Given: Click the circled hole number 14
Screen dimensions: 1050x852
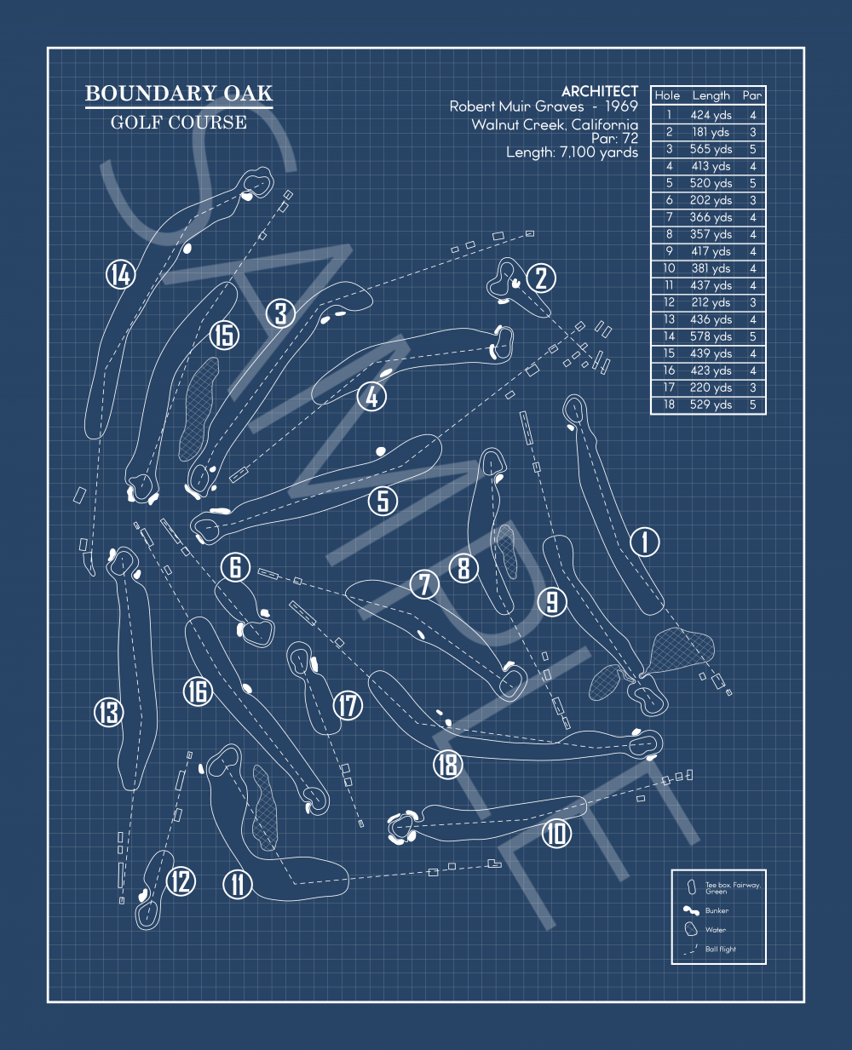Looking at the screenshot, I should [x=121, y=275].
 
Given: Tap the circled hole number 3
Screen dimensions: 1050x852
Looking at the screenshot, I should [x=280, y=313].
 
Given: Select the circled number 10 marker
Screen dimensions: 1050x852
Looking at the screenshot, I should [x=556, y=832].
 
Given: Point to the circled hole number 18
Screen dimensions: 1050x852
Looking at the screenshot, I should [x=447, y=764].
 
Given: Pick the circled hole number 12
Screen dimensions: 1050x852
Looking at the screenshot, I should [x=181, y=881].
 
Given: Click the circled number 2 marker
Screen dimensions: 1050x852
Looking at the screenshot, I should [x=541, y=278].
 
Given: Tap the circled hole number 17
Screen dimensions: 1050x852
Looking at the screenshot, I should [x=348, y=705].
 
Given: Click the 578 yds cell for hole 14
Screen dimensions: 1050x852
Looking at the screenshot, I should [x=711, y=336].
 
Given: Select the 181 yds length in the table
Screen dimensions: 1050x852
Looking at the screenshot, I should [x=711, y=132].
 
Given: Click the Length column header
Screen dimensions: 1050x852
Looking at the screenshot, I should [x=711, y=95].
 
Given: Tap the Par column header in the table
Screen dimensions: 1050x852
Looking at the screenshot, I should [x=751, y=95].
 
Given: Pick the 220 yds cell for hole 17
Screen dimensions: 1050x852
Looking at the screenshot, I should [x=711, y=387].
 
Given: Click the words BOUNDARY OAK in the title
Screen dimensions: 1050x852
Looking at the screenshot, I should [x=179, y=94].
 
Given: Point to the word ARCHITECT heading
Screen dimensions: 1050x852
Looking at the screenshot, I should [x=599, y=91].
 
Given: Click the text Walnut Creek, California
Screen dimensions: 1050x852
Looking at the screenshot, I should [x=555, y=124].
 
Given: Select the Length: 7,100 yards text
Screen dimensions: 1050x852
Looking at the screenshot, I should [x=572, y=152].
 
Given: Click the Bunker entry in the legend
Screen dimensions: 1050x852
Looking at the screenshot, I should [x=716, y=910].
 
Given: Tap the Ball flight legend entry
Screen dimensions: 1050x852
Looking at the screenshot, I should [x=720, y=949].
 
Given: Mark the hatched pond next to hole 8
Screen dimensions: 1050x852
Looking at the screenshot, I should [x=507, y=551].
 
